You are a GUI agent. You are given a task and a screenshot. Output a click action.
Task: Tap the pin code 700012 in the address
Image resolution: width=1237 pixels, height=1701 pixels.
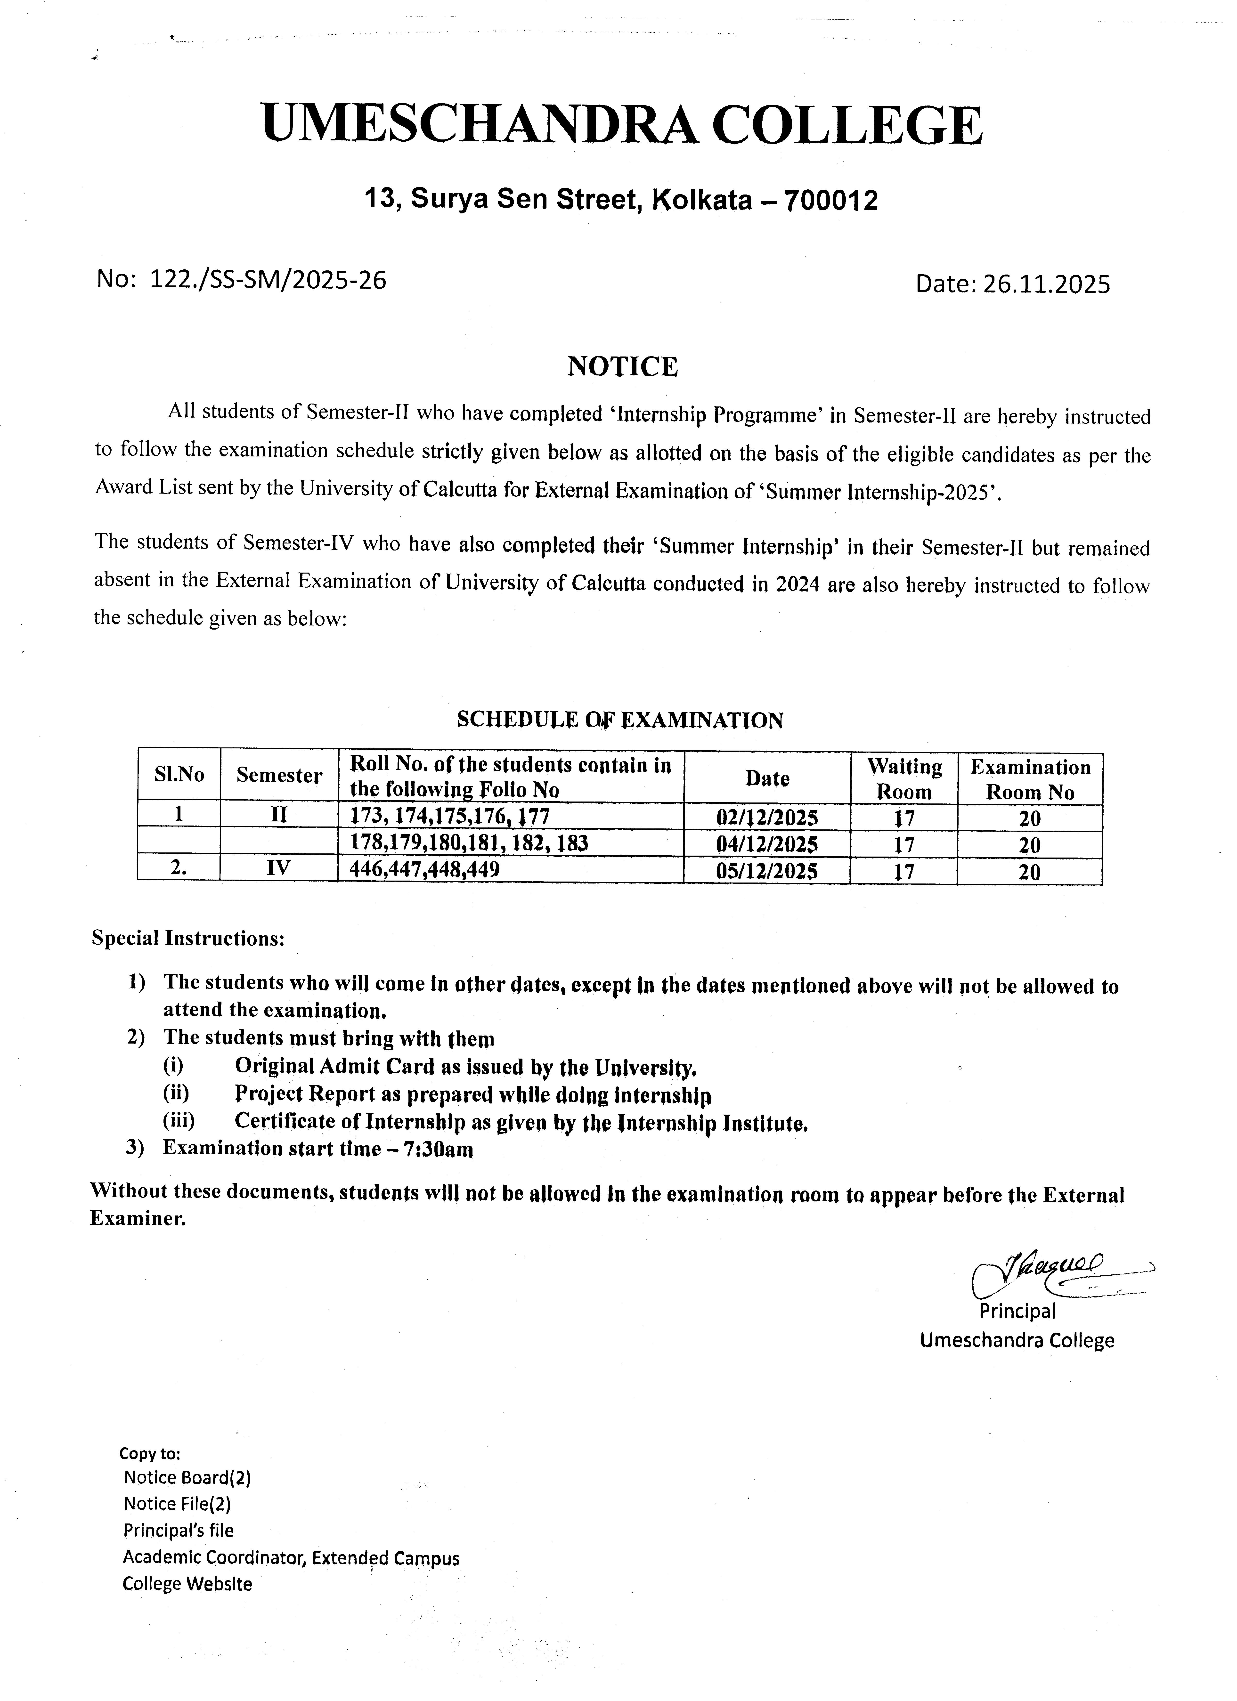pos(830,200)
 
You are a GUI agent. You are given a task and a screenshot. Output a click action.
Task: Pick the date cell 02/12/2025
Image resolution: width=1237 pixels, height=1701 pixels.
pos(767,817)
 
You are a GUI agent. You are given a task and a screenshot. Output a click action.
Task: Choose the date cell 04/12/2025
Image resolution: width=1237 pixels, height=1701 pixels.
pos(767,844)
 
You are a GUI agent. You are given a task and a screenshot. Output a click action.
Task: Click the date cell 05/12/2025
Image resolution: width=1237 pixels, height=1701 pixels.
pos(767,871)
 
